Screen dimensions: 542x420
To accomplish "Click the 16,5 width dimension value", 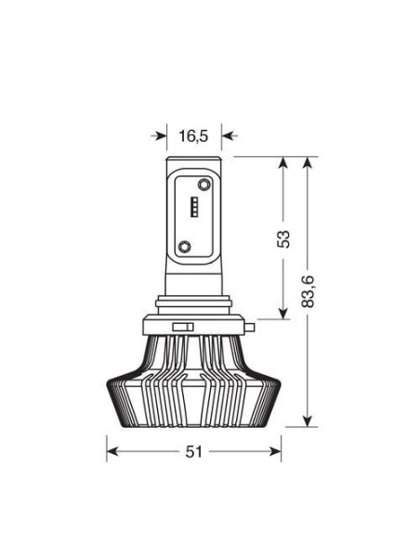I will click(x=193, y=136).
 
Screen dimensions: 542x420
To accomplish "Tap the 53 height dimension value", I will click(x=283, y=239).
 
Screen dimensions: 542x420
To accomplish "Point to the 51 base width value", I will click(x=193, y=452).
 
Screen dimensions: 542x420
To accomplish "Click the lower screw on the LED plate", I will click(x=185, y=247).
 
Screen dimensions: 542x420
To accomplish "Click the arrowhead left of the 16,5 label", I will click(x=160, y=136).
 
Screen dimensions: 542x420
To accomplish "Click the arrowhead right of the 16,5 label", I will click(x=228, y=136).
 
